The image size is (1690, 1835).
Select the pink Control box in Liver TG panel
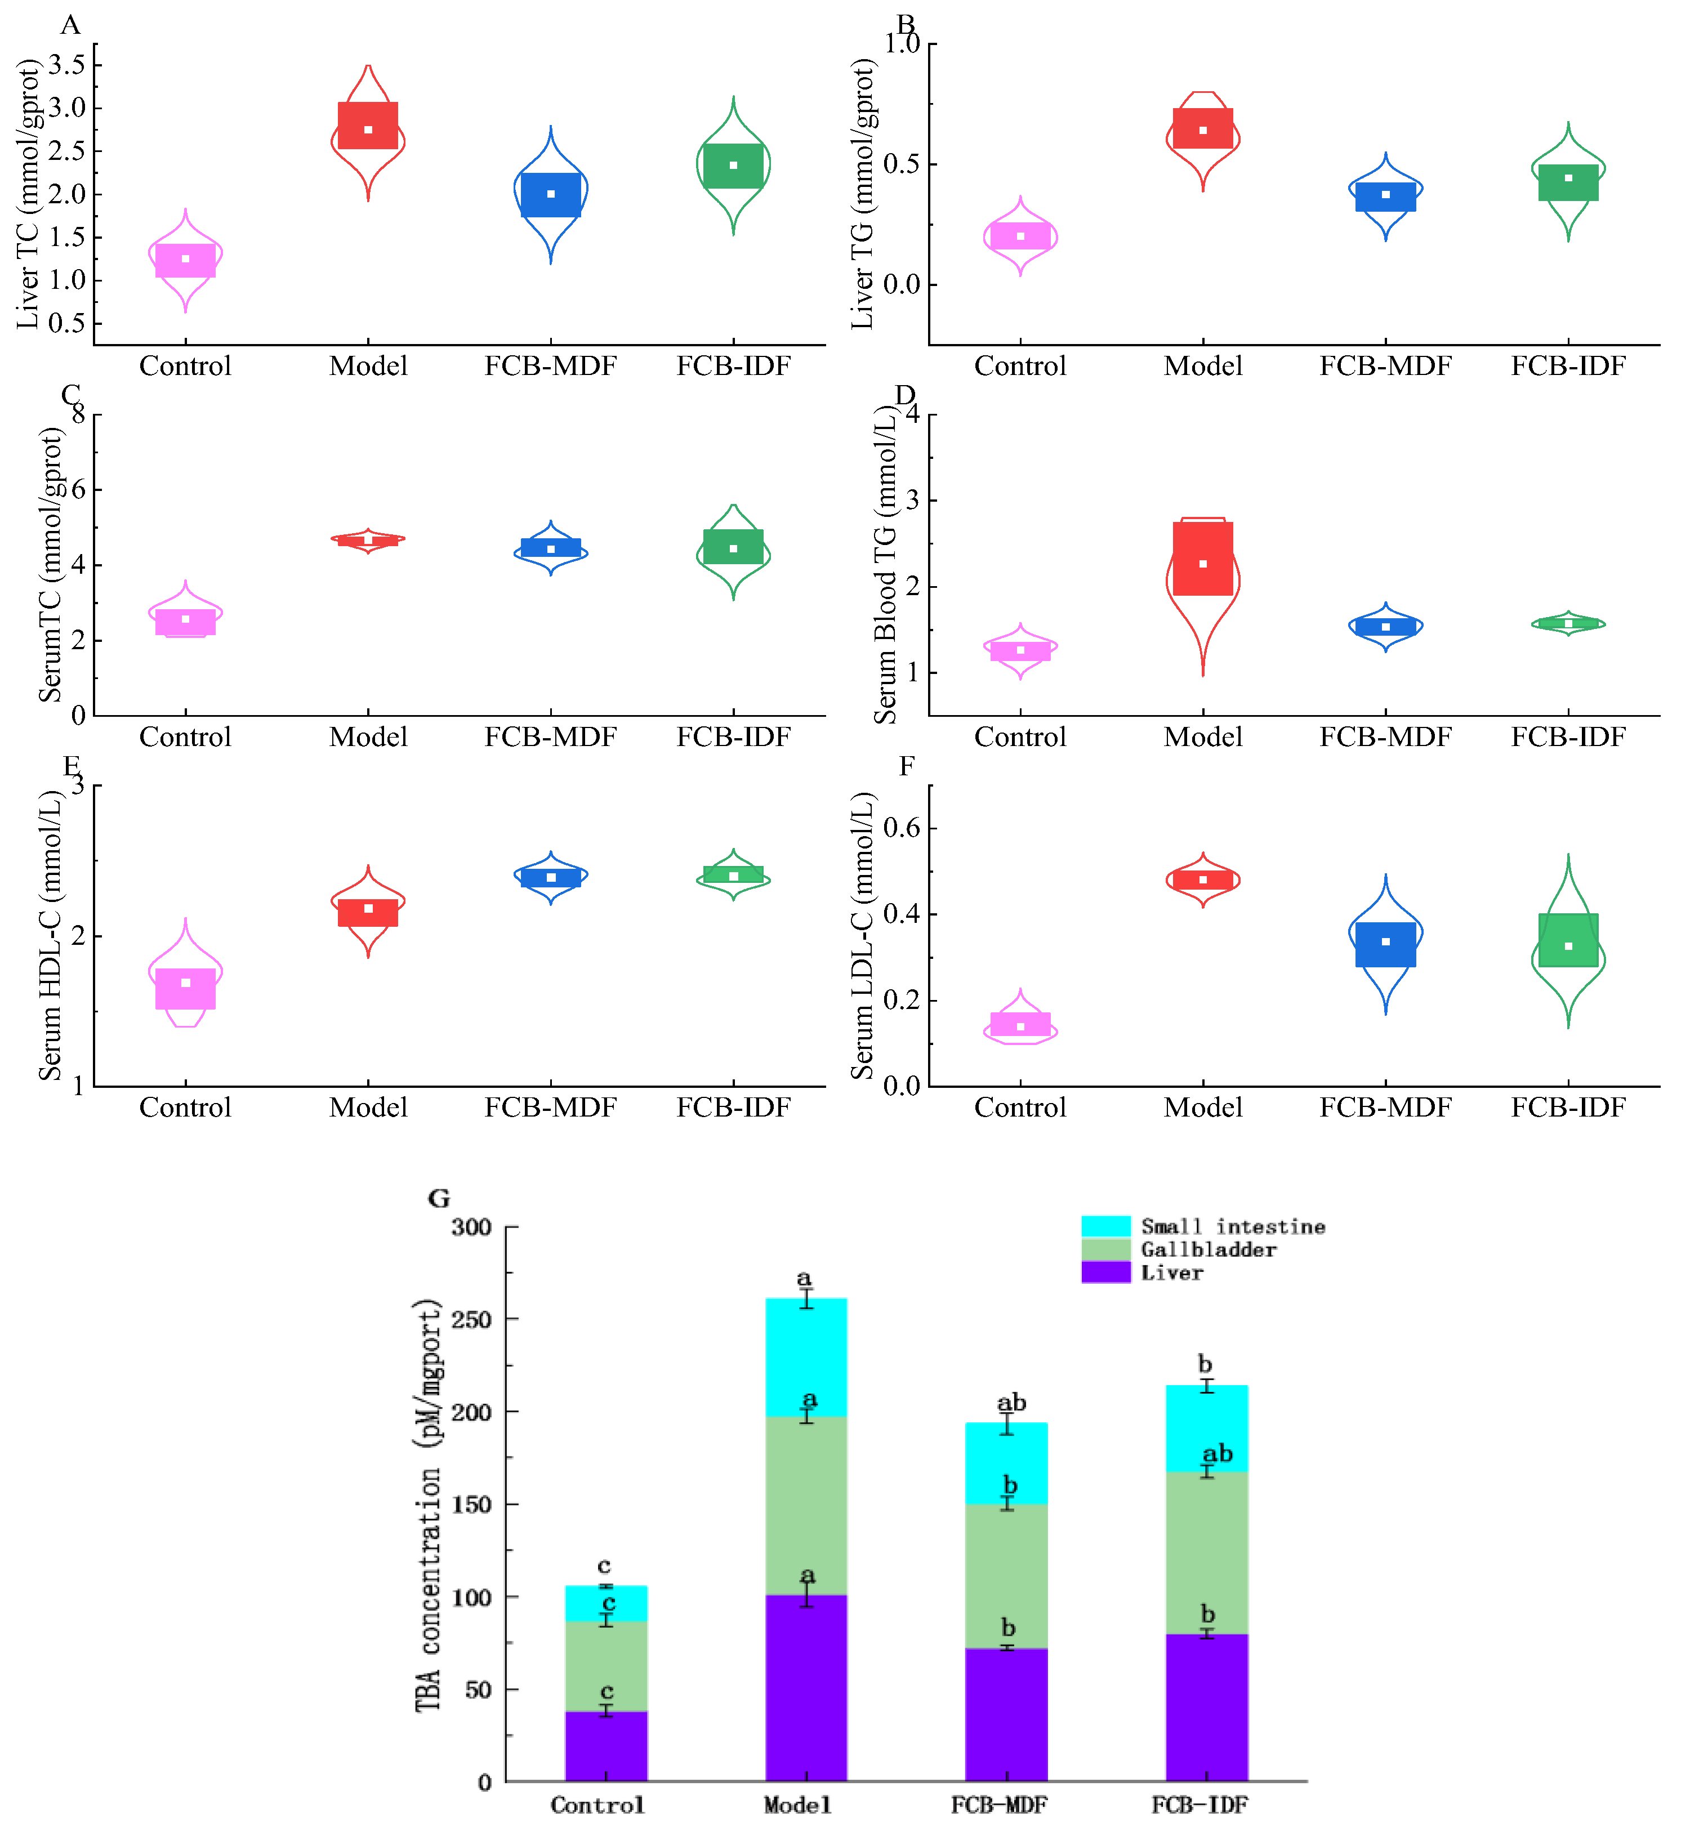click(1020, 236)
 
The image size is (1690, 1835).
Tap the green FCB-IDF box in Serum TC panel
click(733, 547)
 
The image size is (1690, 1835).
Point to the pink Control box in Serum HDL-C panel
click(186, 988)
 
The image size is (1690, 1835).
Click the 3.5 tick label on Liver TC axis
click(67, 65)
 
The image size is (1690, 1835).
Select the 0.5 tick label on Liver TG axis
click(902, 164)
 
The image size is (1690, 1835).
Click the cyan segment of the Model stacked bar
click(806, 1358)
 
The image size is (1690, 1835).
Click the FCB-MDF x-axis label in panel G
click(998, 1805)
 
